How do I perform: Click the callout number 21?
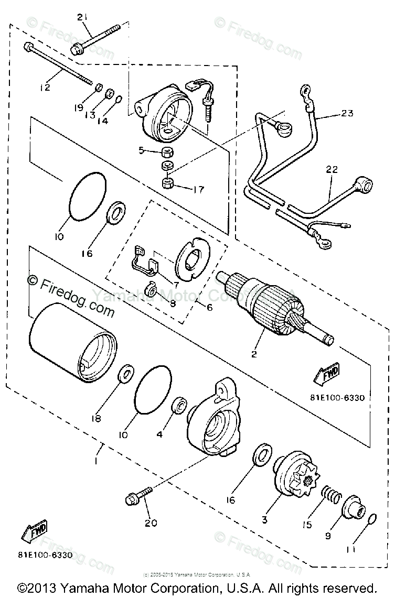81,17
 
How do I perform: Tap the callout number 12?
45,87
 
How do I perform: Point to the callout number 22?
333,169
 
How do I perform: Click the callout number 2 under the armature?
254,354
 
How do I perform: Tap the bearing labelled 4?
179,406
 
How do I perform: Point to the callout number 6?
209,308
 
